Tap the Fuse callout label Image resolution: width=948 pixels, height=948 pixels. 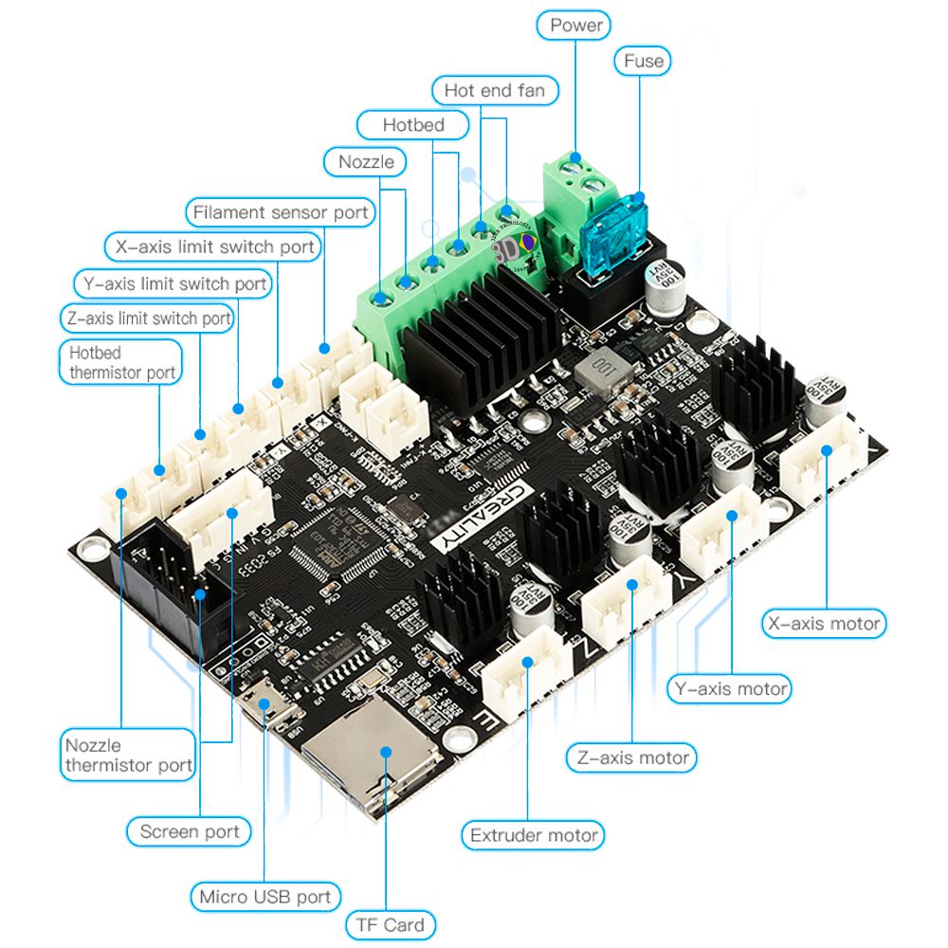click(x=643, y=62)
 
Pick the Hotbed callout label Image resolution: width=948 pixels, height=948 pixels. click(x=412, y=124)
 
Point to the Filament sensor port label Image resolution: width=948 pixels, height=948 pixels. click(x=280, y=212)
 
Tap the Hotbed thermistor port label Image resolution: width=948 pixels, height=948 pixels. click(x=121, y=363)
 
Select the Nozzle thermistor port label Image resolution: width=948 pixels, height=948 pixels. click(x=128, y=756)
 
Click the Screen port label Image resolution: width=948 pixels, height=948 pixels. click(x=190, y=832)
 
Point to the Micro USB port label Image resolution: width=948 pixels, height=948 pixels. click(x=264, y=896)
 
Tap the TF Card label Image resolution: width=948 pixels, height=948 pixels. click(x=390, y=924)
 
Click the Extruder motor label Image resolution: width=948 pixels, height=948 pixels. click(x=534, y=835)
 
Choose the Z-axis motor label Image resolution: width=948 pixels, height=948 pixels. click(x=631, y=758)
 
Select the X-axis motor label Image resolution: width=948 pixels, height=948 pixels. click(x=823, y=624)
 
